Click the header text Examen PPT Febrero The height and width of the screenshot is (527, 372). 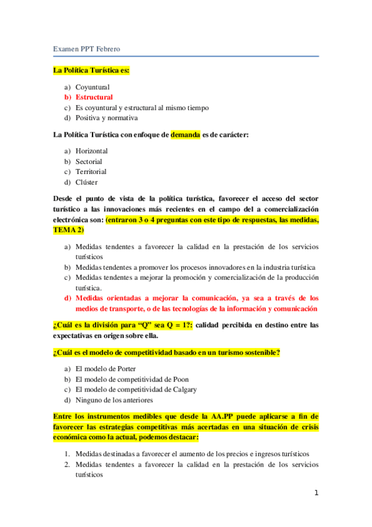click(x=86, y=48)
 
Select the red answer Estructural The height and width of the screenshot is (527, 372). click(x=94, y=98)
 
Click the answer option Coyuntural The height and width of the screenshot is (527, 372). click(x=93, y=87)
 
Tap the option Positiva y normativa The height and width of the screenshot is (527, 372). click(x=107, y=118)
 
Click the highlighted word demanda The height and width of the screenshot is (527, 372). click(x=186, y=134)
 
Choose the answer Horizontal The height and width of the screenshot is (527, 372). click(x=91, y=151)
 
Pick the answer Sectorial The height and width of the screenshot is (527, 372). click(x=89, y=162)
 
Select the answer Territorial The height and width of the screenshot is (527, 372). click(x=91, y=172)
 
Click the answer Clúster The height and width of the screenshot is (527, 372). click(x=86, y=182)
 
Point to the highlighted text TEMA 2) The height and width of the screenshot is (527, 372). click(x=68, y=230)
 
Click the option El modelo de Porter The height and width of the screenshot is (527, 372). click(x=106, y=369)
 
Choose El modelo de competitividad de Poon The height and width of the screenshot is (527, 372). click(x=132, y=379)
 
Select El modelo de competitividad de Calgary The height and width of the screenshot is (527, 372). click(x=136, y=390)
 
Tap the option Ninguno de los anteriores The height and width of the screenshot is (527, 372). click(x=114, y=400)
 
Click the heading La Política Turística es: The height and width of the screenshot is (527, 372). click(x=91, y=70)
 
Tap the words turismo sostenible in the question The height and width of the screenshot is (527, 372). click(x=244, y=353)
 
